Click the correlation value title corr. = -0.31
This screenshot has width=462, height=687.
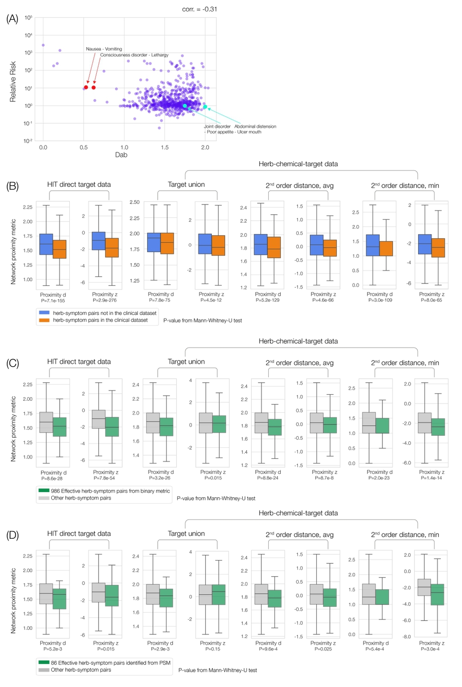pyautogui.click(x=200, y=9)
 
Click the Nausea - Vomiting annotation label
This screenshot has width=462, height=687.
pyautogui.click(x=104, y=49)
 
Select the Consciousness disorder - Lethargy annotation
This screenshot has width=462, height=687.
pyautogui.click(x=134, y=55)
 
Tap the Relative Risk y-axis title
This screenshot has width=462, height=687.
pyautogui.click(x=13, y=82)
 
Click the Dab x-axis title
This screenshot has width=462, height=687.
pyautogui.click(x=121, y=155)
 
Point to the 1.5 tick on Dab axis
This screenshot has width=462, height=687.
pyautogui.click(x=165, y=148)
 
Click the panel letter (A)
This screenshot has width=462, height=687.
pyautogui.click(x=12, y=19)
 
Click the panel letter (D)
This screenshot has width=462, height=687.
pyautogui.click(x=12, y=535)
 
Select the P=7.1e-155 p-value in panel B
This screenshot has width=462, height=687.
pyautogui.click(x=53, y=301)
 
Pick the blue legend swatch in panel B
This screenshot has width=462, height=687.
pyautogui.click(x=44, y=313)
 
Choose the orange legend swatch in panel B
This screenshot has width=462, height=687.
pyautogui.click(x=44, y=320)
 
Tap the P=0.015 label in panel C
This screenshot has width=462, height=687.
pyautogui.click(x=213, y=478)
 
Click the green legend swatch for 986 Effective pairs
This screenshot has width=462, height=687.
pyautogui.click(x=44, y=491)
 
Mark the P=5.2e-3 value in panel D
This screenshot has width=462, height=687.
pyautogui.click(x=52, y=649)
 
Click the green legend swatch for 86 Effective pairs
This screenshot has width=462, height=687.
pyautogui.click(x=44, y=663)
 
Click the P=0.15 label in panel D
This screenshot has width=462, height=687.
pyautogui.click(x=212, y=649)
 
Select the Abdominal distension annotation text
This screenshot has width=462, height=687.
pyautogui.click(x=255, y=127)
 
